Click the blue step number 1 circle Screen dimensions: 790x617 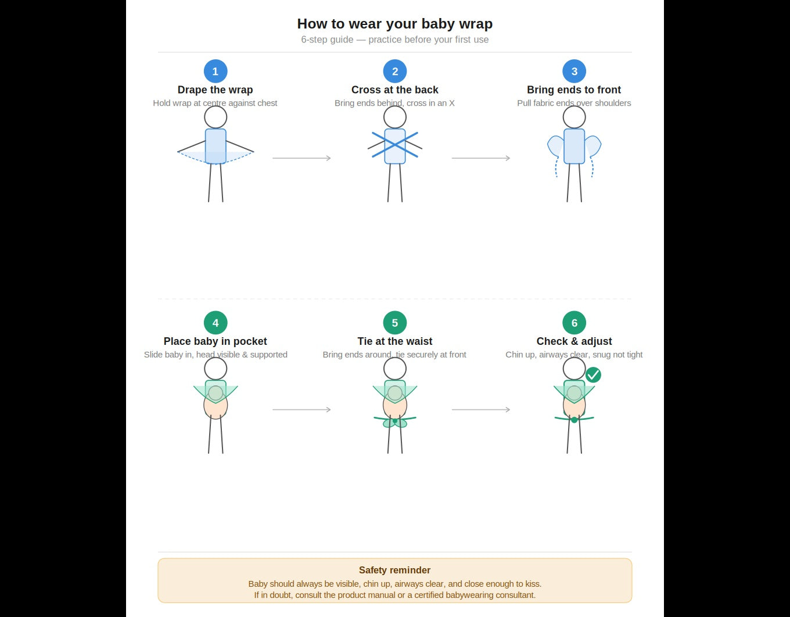[216, 72]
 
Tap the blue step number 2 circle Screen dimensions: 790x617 [395, 72]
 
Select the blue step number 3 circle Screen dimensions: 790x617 [574, 72]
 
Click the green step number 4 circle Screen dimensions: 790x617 [216, 323]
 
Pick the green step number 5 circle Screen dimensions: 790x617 [395, 323]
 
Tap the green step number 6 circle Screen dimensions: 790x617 [574, 323]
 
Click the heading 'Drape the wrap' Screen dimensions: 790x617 [216, 90]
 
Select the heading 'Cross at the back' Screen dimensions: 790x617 [395, 90]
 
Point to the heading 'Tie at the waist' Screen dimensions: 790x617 [395, 341]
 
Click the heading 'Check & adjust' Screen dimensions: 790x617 [574, 341]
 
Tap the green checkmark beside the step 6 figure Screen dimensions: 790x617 [593, 375]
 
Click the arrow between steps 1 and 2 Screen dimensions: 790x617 [301, 158]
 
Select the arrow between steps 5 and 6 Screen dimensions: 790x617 [481, 409]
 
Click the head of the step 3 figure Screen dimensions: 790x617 [574, 117]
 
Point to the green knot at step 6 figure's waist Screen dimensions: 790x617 [574, 420]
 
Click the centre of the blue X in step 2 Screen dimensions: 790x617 [395, 145]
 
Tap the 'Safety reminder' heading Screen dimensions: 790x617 [395, 570]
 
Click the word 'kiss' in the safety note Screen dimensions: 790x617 [533, 584]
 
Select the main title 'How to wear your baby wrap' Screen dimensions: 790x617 [395, 24]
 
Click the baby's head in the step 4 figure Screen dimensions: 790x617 [216, 393]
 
